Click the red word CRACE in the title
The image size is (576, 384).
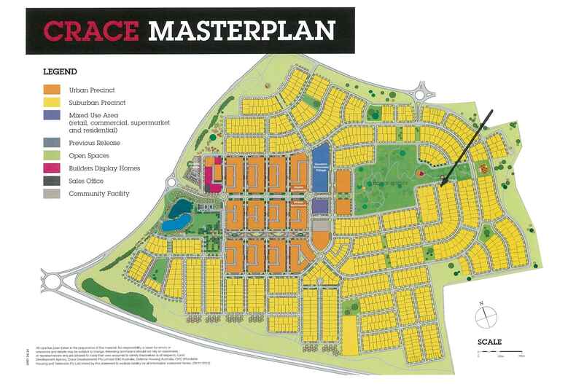tap(90, 30)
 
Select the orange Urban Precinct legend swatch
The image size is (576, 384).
tap(51, 89)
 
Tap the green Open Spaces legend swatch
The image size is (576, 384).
tap(51, 154)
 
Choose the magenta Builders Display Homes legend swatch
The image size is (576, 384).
tap(51, 168)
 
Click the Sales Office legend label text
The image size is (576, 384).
tap(87, 181)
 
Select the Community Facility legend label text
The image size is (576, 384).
tap(98, 194)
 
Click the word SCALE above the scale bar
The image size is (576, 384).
tap(490, 342)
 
